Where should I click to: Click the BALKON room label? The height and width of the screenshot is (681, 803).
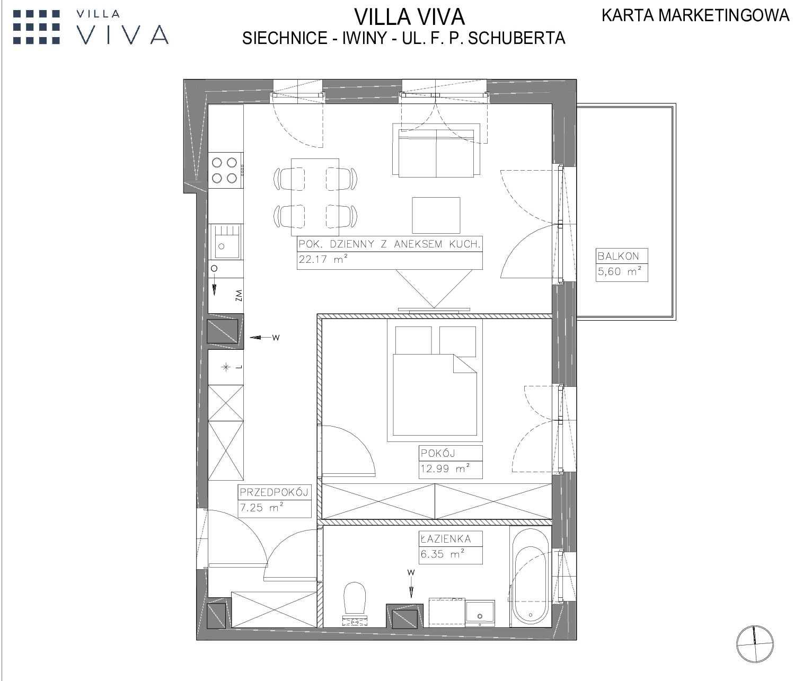point(618,257)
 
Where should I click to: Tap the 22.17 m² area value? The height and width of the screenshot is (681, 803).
point(323,259)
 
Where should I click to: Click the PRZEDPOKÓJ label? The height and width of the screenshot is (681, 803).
point(274,492)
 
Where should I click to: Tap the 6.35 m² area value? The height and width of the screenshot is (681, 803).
point(443,554)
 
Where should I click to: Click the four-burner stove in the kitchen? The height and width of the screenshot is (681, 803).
point(226,171)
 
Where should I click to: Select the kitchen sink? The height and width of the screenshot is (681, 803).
point(225,242)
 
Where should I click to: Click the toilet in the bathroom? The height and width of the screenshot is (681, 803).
point(355,604)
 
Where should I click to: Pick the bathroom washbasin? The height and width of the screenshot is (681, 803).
point(480,613)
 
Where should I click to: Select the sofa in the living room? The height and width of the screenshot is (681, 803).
point(436,151)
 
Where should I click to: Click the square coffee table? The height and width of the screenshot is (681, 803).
point(436,215)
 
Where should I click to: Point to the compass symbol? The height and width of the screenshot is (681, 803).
point(755,644)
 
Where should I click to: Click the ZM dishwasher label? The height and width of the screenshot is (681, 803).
point(239,295)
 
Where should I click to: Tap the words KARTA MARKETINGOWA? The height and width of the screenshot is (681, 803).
point(695,15)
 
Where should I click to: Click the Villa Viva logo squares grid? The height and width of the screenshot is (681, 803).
point(37,27)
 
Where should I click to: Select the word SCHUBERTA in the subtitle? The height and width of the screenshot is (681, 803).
point(516,38)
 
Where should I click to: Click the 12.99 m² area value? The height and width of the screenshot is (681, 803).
point(445,468)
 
